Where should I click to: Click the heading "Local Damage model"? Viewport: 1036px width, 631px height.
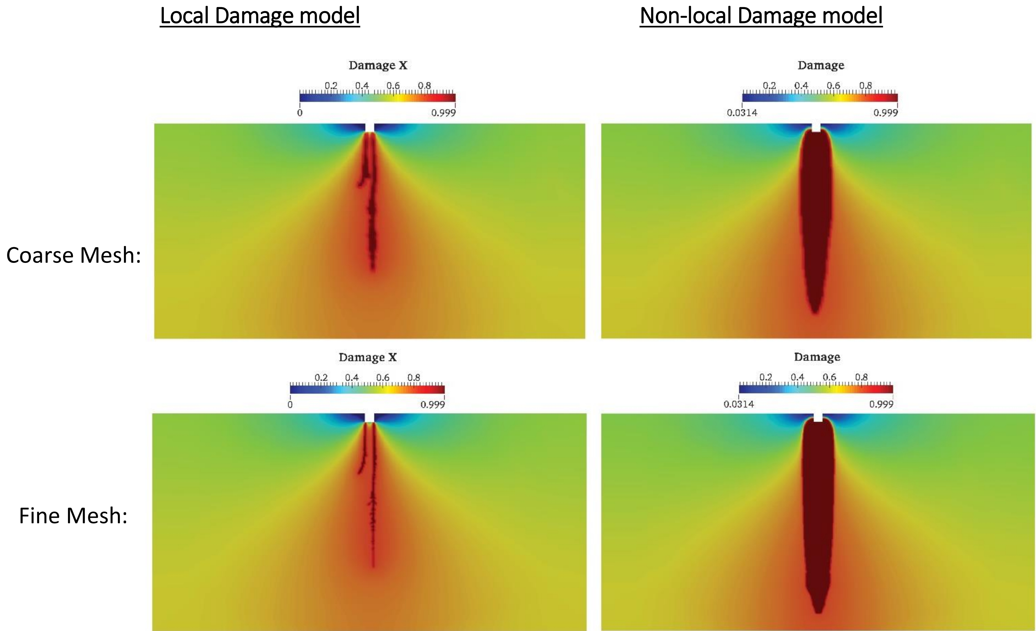[260, 16]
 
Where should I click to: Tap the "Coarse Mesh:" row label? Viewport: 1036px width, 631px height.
[74, 255]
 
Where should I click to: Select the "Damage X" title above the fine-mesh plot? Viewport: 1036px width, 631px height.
[367, 357]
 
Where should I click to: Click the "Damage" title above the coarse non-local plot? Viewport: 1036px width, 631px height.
[821, 65]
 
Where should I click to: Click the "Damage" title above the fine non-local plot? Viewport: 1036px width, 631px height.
[817, 357]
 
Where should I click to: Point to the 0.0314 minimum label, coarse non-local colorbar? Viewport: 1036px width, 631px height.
[742, 113]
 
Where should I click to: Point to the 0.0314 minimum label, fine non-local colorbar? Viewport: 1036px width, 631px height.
[739, 404]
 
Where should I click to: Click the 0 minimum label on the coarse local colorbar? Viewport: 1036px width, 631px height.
[300, 113]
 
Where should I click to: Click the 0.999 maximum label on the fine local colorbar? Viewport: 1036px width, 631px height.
[433, 404]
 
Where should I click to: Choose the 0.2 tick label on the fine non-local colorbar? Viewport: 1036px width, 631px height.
[766, 377]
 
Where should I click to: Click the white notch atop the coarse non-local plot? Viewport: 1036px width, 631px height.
[816, 127]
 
